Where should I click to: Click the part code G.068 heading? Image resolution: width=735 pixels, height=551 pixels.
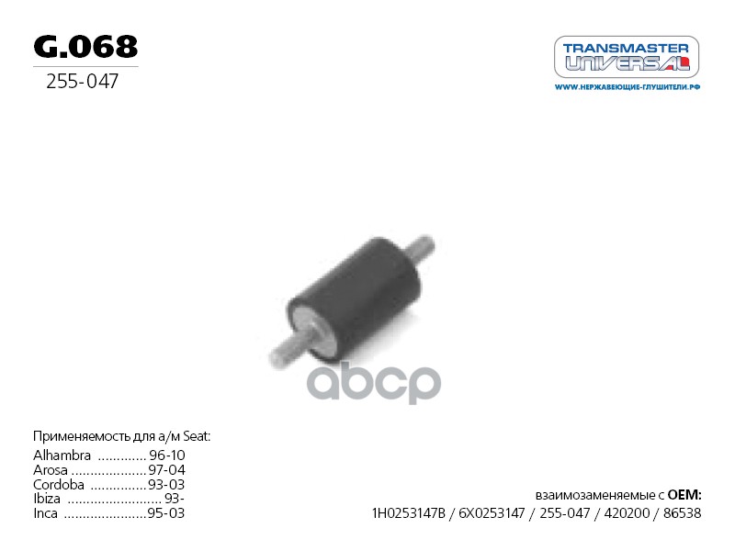click(x=85, y=47)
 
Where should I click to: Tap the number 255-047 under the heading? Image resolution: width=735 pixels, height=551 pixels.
click(x=82, y=83)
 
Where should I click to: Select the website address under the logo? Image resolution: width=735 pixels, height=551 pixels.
click(x=628, y=87)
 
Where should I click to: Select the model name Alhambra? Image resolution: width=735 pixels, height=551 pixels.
click(x=62, y=455)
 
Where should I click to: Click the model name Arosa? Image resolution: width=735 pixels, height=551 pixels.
click(x=51, y=470)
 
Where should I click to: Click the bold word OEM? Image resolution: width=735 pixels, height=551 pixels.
click(x=684, y=494)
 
